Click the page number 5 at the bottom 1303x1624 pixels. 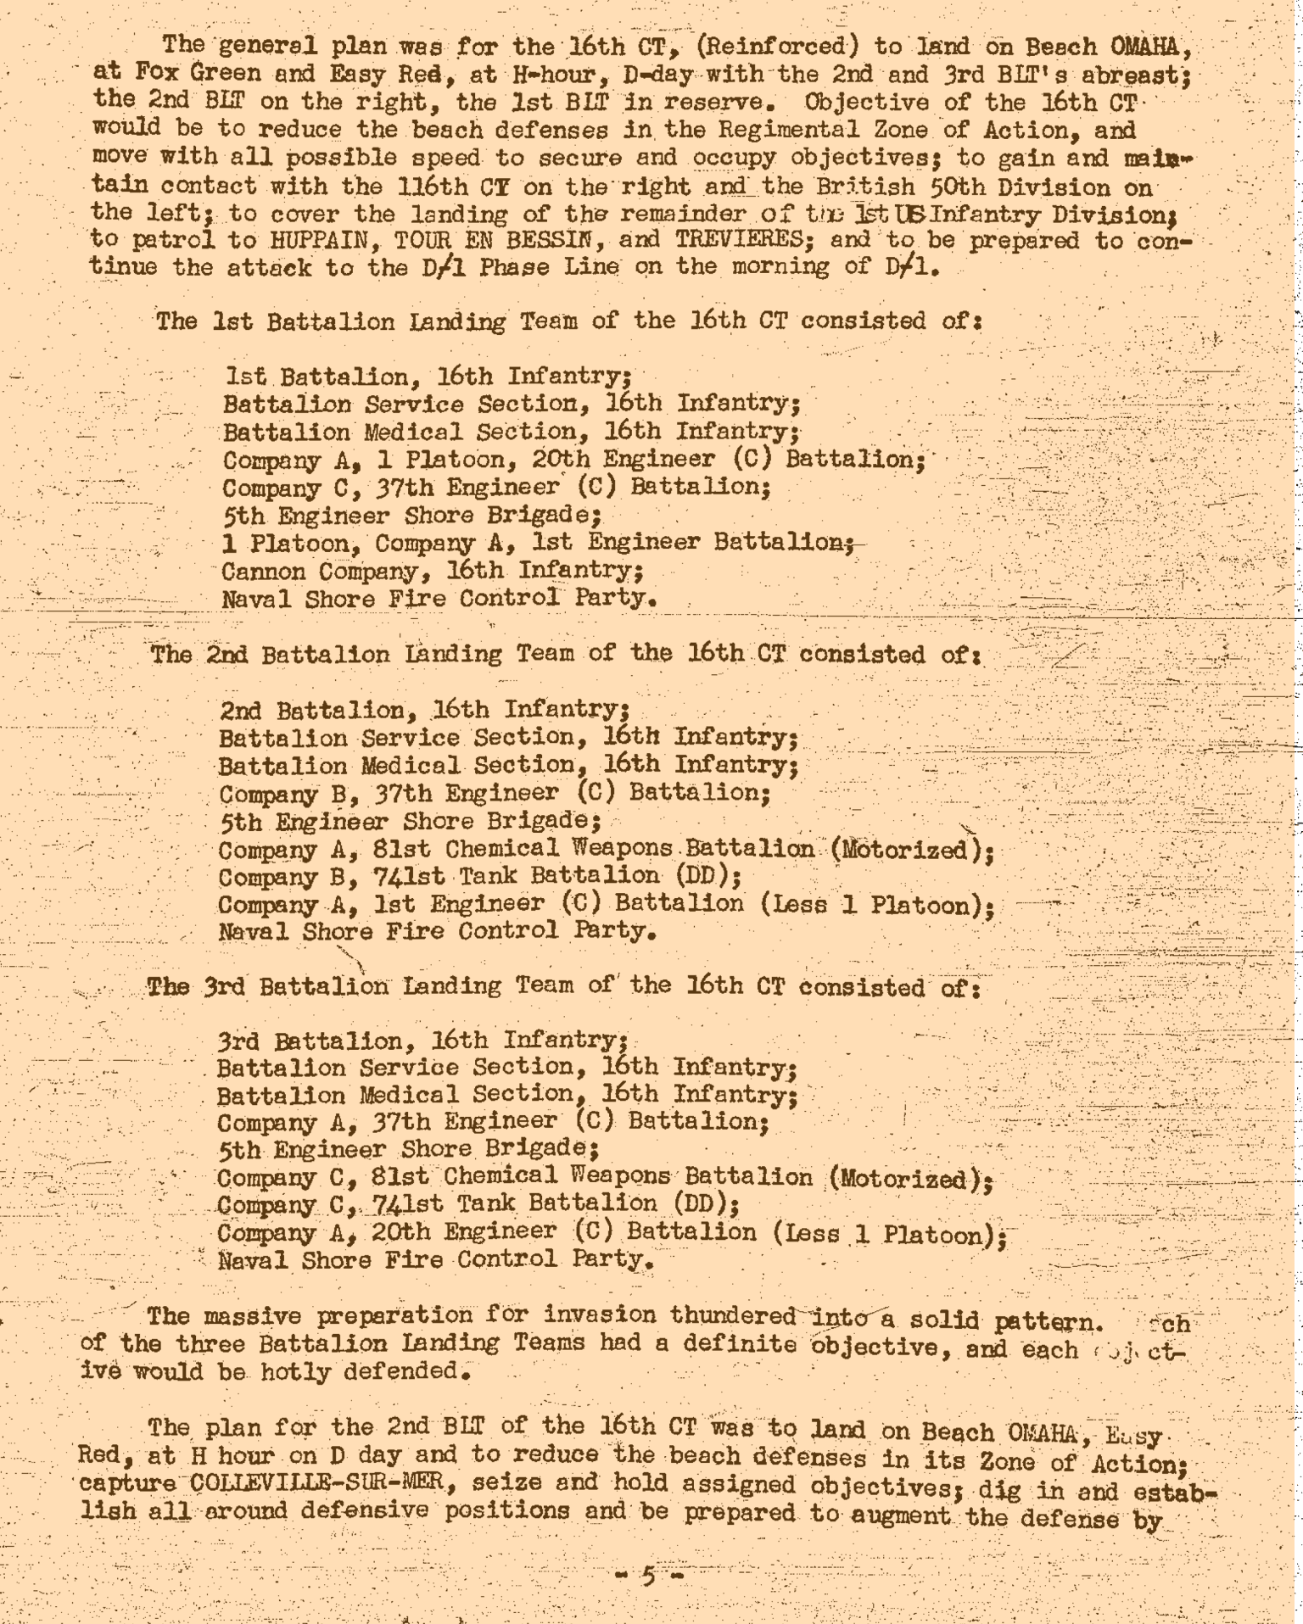point(649,1577)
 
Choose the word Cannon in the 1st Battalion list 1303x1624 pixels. point(264,571)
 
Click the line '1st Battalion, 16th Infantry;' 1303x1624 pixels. point(428,376)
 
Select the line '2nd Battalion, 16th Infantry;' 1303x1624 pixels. point(424,710)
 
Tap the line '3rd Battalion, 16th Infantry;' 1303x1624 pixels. point(422,1041)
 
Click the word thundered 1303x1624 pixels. point(732,1315)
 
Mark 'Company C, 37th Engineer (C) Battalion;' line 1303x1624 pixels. point(497,488)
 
